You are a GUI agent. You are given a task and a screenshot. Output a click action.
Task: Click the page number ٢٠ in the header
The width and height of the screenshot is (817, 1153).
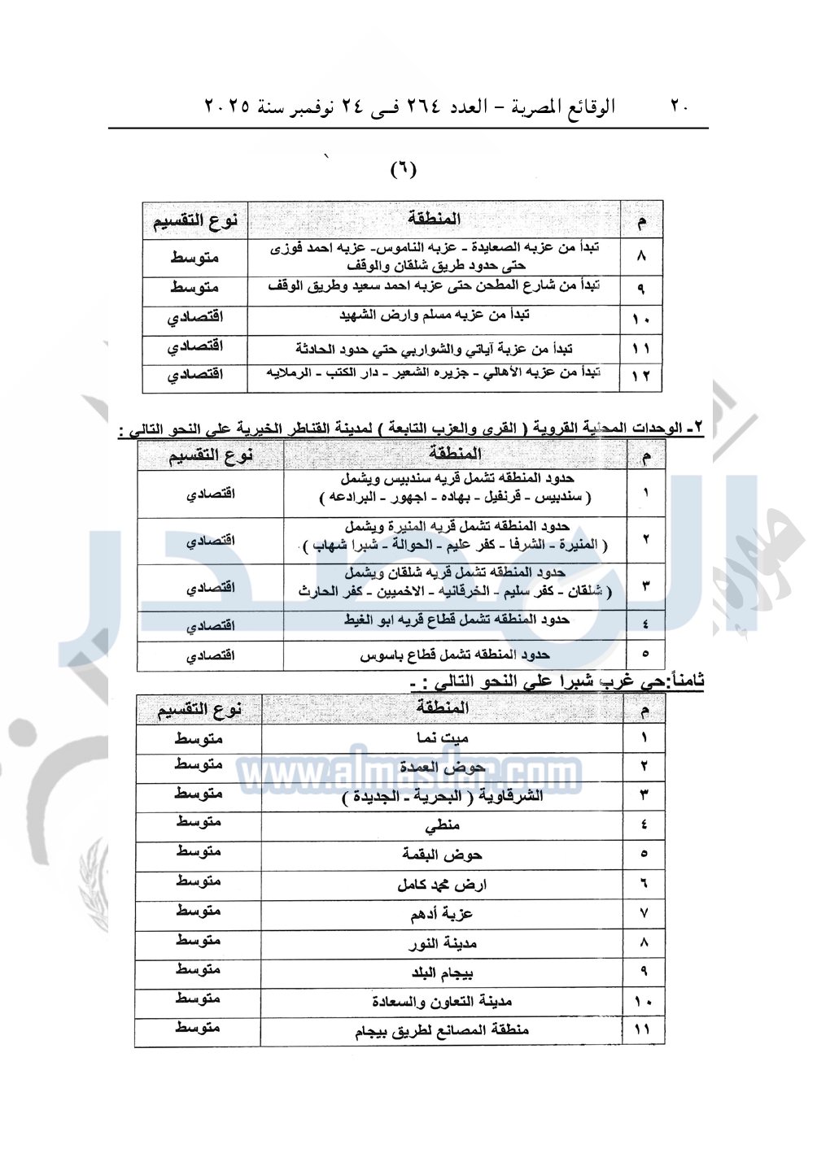click(x=679, y=107)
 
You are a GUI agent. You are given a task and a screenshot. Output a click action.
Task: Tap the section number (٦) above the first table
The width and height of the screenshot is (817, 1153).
click(x=404, y=169)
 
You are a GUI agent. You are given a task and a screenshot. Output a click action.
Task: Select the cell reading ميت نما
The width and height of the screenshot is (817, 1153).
click(x=442, y=738)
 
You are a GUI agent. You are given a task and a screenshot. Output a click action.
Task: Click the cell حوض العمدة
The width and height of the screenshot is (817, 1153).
click(x=442, y=767)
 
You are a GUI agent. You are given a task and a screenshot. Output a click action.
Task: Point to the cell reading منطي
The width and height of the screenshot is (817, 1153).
click(x=442, y=825)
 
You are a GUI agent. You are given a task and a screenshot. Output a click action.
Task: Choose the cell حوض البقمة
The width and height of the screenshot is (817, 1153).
click(x=442, y=855)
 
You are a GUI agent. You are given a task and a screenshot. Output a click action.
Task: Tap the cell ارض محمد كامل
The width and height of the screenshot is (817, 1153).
click(x=442, y=885)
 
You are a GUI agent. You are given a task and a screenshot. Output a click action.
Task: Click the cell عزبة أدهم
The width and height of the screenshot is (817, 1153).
click(x=442, y=914)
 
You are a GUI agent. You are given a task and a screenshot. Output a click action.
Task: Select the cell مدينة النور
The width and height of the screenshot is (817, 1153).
click(x=442, y=943)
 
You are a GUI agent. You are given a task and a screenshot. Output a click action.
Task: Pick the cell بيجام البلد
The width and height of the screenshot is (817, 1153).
click(x=442, y=972)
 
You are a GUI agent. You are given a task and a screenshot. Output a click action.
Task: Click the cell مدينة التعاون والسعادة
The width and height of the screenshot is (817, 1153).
click(x=442, y=1002)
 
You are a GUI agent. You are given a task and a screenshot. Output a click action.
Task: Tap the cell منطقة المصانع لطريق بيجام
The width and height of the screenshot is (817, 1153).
click(x=442, y=1030)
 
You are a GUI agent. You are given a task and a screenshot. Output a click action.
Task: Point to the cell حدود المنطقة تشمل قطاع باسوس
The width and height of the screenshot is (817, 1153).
click(x=455, y=655)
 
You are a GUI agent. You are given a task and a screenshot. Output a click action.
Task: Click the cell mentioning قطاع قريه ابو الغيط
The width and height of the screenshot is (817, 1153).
click(x=455, y=620)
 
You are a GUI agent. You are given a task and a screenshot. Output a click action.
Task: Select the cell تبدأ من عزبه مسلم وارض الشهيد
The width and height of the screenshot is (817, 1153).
click(x=435, y=315)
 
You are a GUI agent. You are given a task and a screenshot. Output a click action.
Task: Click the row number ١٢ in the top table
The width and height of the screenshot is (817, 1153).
click(x=641, y=376)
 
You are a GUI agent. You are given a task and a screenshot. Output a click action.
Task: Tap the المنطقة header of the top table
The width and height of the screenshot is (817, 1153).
click(x=435, y=219)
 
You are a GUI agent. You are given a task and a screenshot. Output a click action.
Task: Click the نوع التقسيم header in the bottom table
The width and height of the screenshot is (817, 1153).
click(x=199, y=710)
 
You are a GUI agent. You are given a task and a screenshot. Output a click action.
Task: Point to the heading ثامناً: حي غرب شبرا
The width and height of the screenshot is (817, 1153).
click(x=558, y=681)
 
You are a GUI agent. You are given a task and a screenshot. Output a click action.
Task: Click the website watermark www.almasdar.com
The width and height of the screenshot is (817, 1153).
click(x=408, y=772)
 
